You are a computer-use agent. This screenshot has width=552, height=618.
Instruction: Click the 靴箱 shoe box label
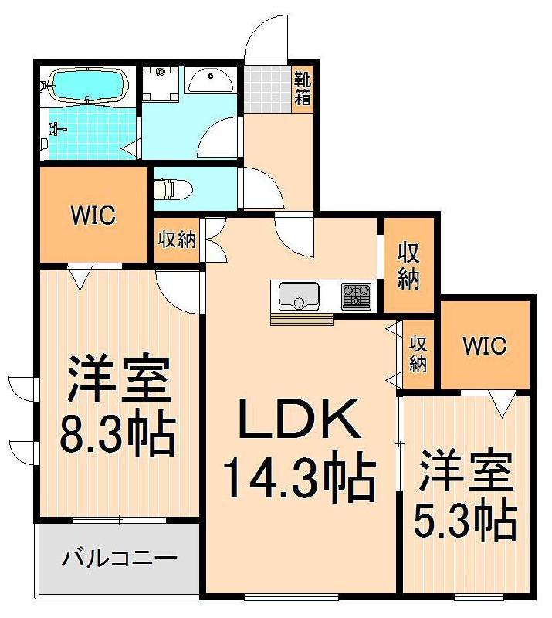pyautogui.click(x=303, y=89)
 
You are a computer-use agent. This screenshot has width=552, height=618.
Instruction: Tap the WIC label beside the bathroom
pyautogui.click(x=94, y=216)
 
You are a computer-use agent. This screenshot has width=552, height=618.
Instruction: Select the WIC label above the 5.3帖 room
pyautogui.click(x=484, y=345)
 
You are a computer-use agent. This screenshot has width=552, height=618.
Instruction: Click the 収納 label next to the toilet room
pyautogui.click(x=177, y=239)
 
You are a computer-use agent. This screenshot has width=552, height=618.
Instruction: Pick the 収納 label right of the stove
pyautogui.click(x=408, y=267)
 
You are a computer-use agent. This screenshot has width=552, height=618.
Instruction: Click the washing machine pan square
pyautogui.click(x=162, y=83)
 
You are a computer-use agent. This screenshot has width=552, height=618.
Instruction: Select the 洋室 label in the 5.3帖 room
pyautogui.click(x=466, y=473)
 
